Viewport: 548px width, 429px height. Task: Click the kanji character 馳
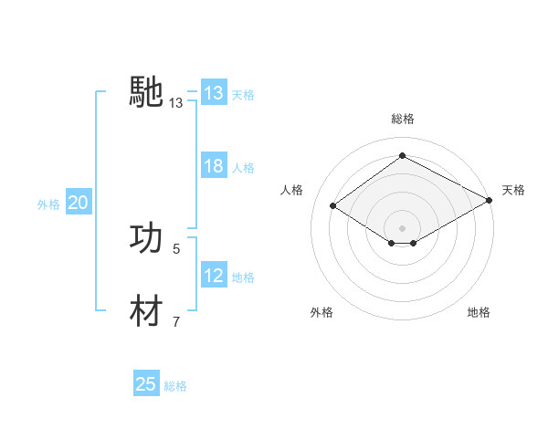click(146, 93)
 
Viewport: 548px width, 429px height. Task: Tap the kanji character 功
click(146, 238)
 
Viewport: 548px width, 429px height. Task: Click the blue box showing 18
click(213, 167)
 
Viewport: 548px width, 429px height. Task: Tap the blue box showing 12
click(213, 276)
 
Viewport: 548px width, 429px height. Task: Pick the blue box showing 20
click(78, 204)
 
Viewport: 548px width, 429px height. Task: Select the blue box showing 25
click(146, 384)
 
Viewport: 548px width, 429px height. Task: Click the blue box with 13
click(213, 93)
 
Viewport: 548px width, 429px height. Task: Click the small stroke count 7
click(176, 321)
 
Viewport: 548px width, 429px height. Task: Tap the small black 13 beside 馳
click(176, 103)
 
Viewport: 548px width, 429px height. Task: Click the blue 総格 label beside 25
click(175, 386)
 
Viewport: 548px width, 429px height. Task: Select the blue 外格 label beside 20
click(48, 204)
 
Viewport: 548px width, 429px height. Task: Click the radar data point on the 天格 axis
click(489, 202)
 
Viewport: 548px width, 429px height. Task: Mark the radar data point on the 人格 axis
click(333, 206)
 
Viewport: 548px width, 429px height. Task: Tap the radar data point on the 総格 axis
click(402, 156)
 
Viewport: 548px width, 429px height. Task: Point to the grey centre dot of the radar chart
click(402, 227)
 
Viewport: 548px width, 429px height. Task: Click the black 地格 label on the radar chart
click(479, 313)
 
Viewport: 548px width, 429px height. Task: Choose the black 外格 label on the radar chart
click(321, 313)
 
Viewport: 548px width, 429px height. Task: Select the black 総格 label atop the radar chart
click(402, 119)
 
